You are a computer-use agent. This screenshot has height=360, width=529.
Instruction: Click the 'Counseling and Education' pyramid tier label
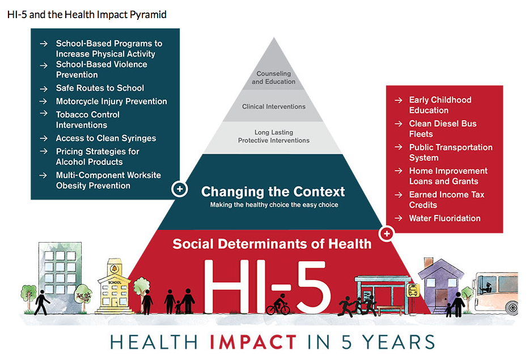pyautogui.click(x=274, y=78)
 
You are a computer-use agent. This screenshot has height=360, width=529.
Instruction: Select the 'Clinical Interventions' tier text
pyautogui.click(x=274, y=107)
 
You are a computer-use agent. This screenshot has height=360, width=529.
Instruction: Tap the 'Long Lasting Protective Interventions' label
pyautogui.click(x=274, y=136)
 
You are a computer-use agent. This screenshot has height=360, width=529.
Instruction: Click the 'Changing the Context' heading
pyautogui.click(x=273, y=192)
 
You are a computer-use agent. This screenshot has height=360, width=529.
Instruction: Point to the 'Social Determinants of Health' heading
pyautogui.click(x=272, y=244)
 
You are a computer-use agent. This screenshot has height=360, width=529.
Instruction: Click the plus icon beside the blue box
pyautogui.click(x=180, y=189)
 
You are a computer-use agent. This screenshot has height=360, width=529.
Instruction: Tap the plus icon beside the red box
pyautogui.click(x=387, y=234)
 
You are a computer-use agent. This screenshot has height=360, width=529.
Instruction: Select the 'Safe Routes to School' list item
pyautogui.click(x=100, y=88)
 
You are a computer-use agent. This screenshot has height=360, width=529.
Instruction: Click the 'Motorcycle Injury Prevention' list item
pyautogui.click(x=111, y=101)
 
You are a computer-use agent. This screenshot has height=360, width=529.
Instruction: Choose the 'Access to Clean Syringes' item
pyautogui.click(x=106, y=138)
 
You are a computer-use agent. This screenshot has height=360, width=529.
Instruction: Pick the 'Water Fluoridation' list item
pyautogui.click(x=445, y=218)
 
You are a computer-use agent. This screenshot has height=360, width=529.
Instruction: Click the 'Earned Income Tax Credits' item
pyautogui.click(x=447, y=200)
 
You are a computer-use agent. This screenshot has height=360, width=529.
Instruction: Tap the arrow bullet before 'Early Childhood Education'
pyautogui.click(x=399, y=100)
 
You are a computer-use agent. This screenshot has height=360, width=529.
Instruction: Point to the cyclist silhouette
pyautogui.click(x=278, y=304)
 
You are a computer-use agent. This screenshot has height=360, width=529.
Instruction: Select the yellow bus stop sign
pyautogui.click(x=413, y=290)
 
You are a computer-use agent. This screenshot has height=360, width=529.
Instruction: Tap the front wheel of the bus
pyautogui.click(x=512, y=308)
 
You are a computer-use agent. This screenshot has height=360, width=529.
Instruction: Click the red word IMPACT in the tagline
pyautogui.click(x=253, y=342)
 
